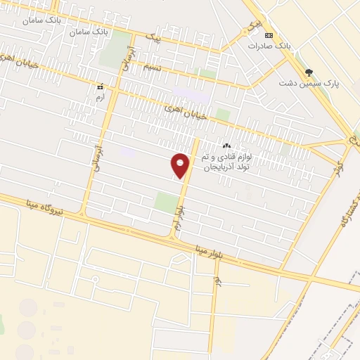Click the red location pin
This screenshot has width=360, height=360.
[181, 165]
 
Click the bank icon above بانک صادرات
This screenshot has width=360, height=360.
[268, 35]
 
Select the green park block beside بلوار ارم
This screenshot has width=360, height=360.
[166, 202]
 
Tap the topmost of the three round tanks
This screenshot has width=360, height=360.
[29, 308]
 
